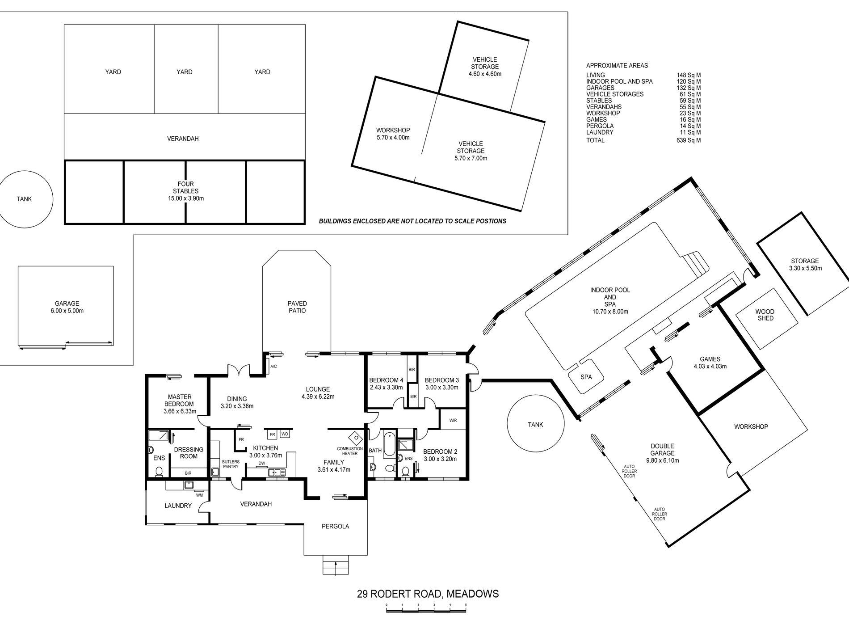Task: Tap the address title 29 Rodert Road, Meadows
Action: point(428,594)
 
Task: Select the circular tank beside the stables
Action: point(25,199)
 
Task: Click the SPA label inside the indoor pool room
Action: point(586,377)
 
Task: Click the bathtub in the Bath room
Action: point(389,443)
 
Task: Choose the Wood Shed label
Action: point(765,315)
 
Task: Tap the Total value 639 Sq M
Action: point(689,140)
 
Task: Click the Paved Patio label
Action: point(297,307)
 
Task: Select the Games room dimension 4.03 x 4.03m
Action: point(710,366)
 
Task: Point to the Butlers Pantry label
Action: point(231,464)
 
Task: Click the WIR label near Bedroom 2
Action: point(453,420)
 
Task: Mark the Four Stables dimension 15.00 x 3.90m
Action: point(186,198)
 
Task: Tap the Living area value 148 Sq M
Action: point(689,75)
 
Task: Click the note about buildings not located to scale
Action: point(412,221)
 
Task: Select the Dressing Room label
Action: point(189,453)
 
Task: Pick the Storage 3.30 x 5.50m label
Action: point(805,265)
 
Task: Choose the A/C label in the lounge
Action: point(273,367)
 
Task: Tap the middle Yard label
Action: point(185,72)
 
